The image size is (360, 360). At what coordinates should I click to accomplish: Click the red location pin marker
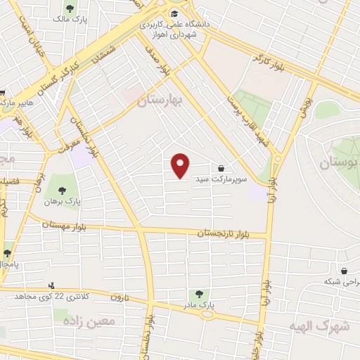(x=181, y=165)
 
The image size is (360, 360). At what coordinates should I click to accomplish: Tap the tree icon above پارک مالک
(x=69, y=8)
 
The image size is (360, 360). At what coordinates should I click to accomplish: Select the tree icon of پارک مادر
(x=198, y=295)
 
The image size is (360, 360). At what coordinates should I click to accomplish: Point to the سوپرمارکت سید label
(x=221, y=180)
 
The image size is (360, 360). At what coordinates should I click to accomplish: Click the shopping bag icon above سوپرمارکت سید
(x=221, y=169)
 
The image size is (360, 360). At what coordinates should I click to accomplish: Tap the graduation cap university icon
(x=174, y=14)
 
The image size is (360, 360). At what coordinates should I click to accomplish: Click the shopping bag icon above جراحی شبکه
(x=344, y=271)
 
